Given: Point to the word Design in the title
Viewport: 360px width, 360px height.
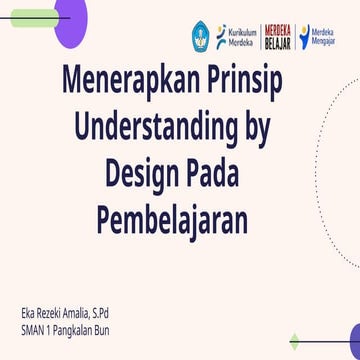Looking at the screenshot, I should click(x=146, y=172).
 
